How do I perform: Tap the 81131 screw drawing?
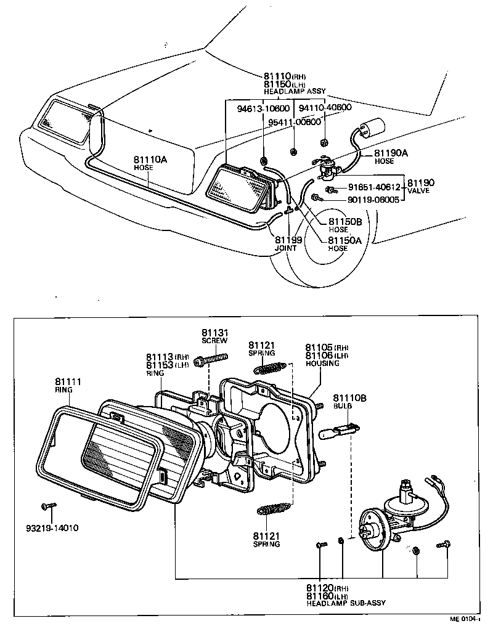(x=211, y=359)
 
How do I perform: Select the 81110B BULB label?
(x=349, y=402)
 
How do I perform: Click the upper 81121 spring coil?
(x=269, y=368)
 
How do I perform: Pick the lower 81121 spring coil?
(x=271, y=510)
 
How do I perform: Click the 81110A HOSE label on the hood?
(x=150, y=163)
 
